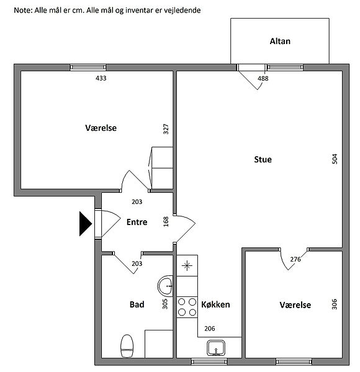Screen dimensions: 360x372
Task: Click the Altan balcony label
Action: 280,42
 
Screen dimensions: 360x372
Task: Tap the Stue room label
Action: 263,159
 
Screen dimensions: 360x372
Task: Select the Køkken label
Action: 215,304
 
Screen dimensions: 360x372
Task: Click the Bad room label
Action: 137,304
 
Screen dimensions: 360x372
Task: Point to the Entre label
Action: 137,222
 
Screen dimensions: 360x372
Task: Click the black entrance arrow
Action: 86,224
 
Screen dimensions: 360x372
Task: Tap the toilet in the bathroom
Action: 127,346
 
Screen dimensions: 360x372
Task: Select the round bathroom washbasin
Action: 166,286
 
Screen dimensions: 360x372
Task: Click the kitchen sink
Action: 216,348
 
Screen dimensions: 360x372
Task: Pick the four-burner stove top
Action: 187,307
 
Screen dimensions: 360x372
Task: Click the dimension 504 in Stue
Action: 335,159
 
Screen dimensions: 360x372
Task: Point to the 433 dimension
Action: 101,78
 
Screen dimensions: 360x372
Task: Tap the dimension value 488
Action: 263,78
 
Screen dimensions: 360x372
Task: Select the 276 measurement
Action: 295,259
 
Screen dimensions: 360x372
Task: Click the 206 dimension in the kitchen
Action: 210,329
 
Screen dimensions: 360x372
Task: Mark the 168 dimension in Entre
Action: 166,221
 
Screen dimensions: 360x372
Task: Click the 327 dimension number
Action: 166,129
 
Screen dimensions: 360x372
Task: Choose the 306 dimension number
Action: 334,304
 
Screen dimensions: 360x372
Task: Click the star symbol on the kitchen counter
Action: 187,265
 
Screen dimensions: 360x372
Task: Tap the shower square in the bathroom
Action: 159,343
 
